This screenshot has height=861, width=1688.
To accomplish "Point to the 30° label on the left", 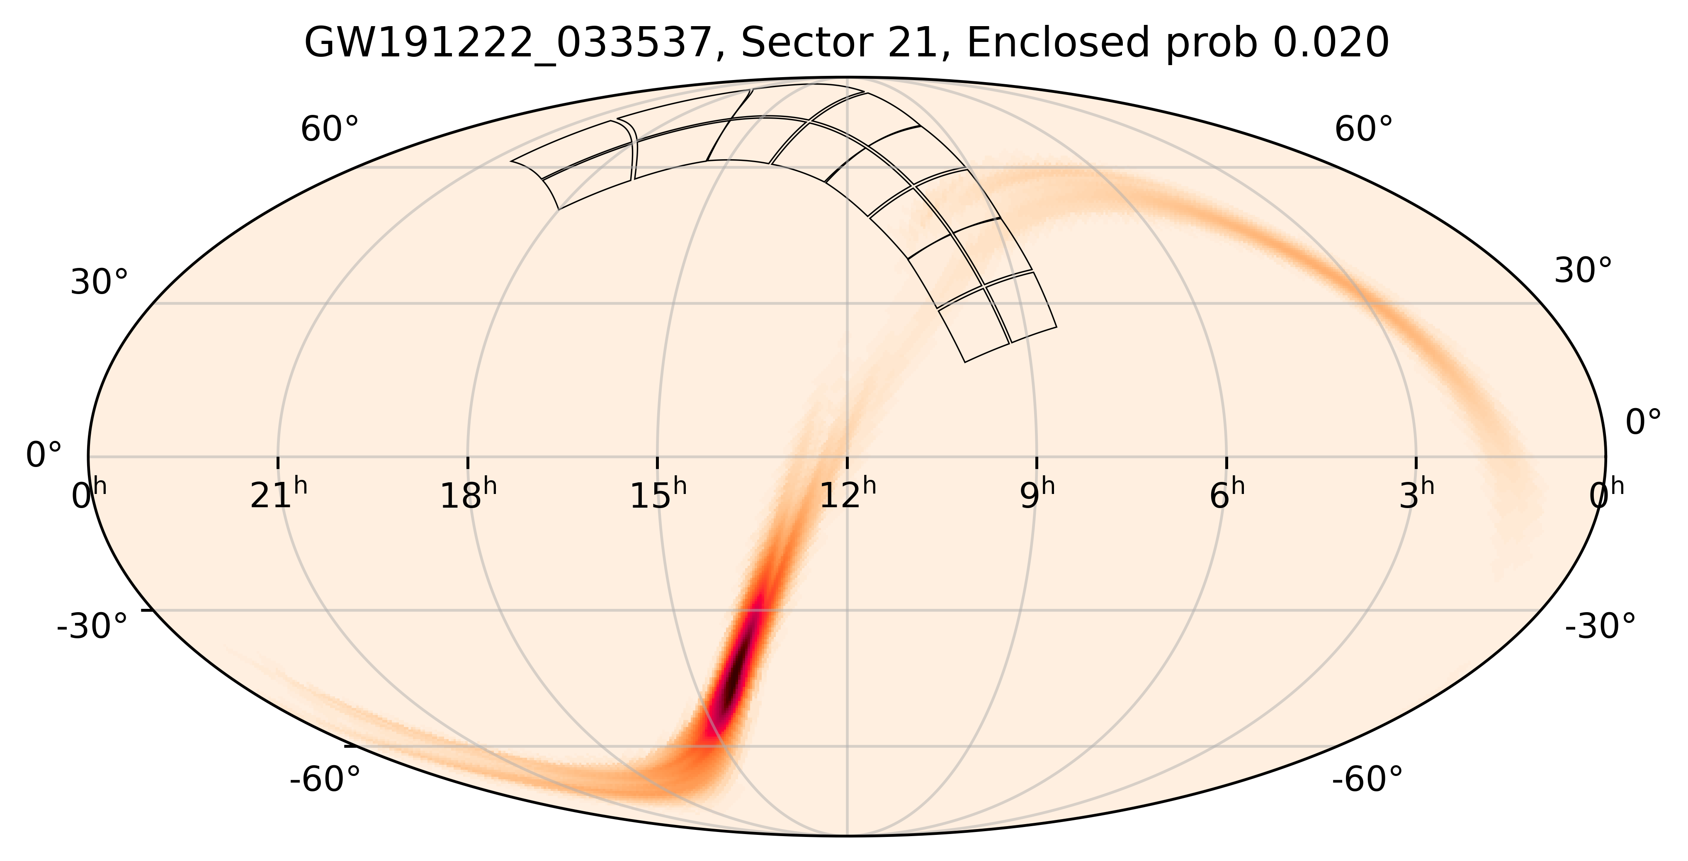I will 99,283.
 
